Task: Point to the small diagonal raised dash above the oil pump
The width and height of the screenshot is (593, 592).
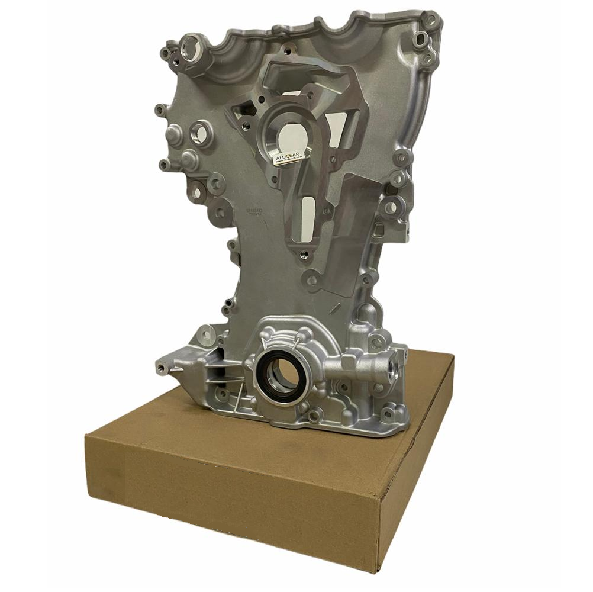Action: [336, 310]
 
